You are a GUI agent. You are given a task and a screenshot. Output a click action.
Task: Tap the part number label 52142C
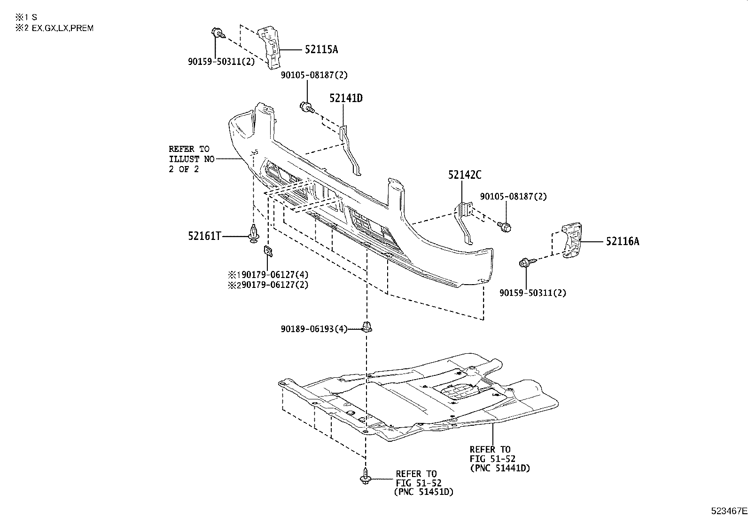(464, 175)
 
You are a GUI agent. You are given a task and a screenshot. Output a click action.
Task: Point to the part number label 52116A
(622, 242)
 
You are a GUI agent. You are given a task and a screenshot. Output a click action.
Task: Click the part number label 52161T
(204, 236)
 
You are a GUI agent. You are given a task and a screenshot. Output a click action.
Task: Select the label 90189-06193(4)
(314, 330)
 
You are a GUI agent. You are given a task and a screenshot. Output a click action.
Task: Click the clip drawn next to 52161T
(254, 234)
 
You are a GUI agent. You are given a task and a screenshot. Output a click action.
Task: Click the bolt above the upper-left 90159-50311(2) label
(218, 33)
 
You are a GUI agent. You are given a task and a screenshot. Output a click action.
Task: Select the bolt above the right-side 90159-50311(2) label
(525, 263)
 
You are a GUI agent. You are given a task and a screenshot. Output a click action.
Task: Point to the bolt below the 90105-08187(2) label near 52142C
(506, 227)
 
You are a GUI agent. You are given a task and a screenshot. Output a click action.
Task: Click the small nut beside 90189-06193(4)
(367, 326)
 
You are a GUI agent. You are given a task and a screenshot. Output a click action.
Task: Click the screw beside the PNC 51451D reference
(366, 476)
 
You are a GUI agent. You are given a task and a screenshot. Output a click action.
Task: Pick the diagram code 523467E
(728, 510)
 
